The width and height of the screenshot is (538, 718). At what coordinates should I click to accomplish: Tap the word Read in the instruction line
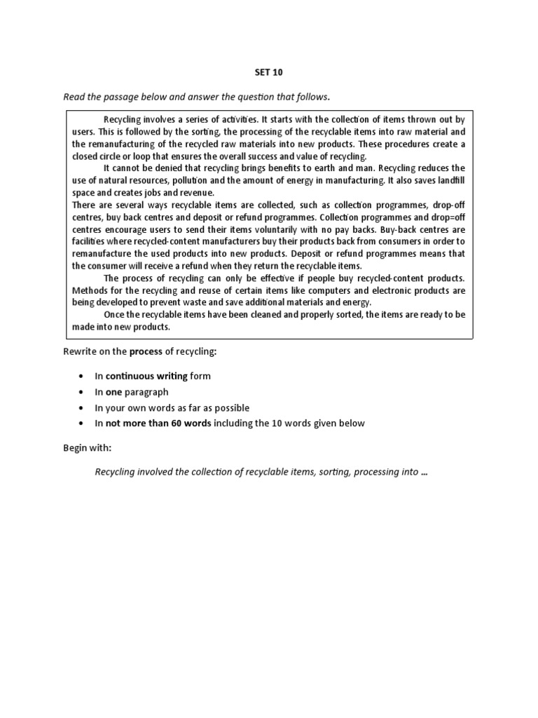tap(74, 96)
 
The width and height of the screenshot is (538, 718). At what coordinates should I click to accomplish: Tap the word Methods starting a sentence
tap(90, 290)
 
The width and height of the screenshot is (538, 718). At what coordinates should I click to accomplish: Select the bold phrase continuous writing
tap(146, 376)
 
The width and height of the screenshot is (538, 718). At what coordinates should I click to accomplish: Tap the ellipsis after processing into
tap(424, 472)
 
